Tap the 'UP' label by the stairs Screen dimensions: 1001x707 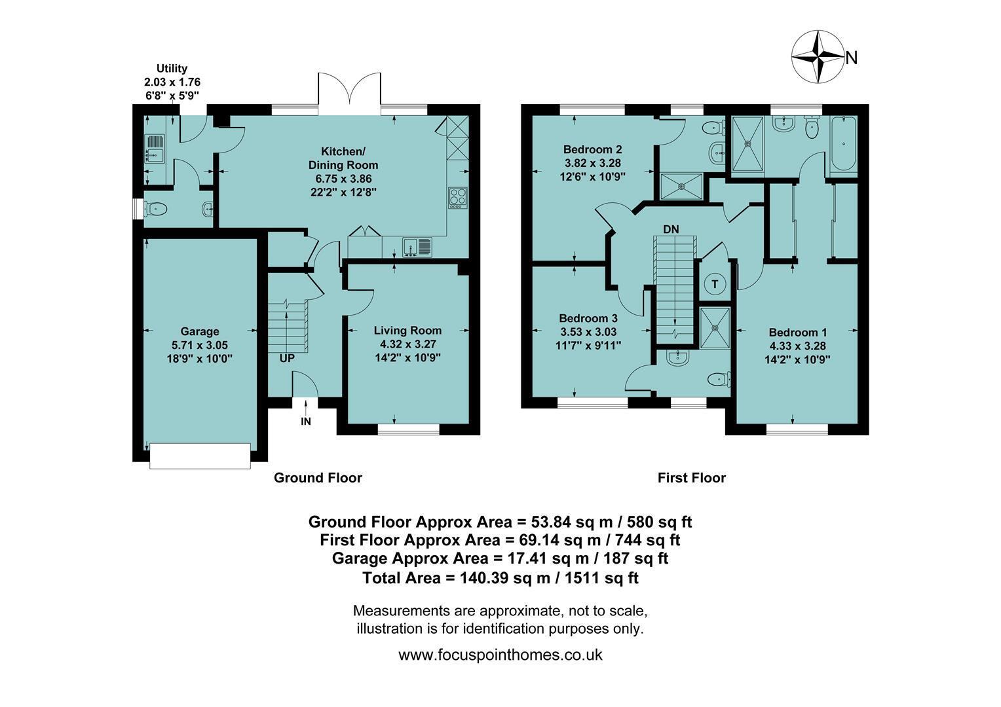pyautogui.click(x=287, y=359)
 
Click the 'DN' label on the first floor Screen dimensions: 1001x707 pyautogui.click(x=671, y=230)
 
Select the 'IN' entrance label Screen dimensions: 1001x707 pyautogui.click(x=306, y=422)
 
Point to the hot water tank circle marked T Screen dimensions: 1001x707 pyautogui.click(x=715, y=284)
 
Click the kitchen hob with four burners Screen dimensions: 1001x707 pyautogui.click(x=458, y=198)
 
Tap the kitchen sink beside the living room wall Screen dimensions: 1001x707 pyautogui.click(x=417, y=247)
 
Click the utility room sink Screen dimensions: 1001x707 pyautogui.click(x=155, y=149)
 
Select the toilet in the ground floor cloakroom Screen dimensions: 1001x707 pyautogui.click(x=155, y=209)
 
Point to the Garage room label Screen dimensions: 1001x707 pyautogui.click(x=200, y=331)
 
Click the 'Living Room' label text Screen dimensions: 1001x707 pyautogui.click(x=407, y=331)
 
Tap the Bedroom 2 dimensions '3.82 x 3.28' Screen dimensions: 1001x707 pyautogui.click(x=593, y=163)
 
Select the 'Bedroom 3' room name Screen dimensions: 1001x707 pyautogui.click(x=588, y=318)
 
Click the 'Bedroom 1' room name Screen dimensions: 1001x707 pyautogui.click(x=798, y=333)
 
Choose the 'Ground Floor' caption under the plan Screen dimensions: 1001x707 pyautogui.click(x=318, y=478)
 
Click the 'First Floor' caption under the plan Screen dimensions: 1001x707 pyautogui.click(x=692, y=478)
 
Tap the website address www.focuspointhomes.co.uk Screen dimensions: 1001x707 pyautogui.click(x=500, y=655)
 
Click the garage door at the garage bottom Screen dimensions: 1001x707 pyautogui.click(x=200, y=456)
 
